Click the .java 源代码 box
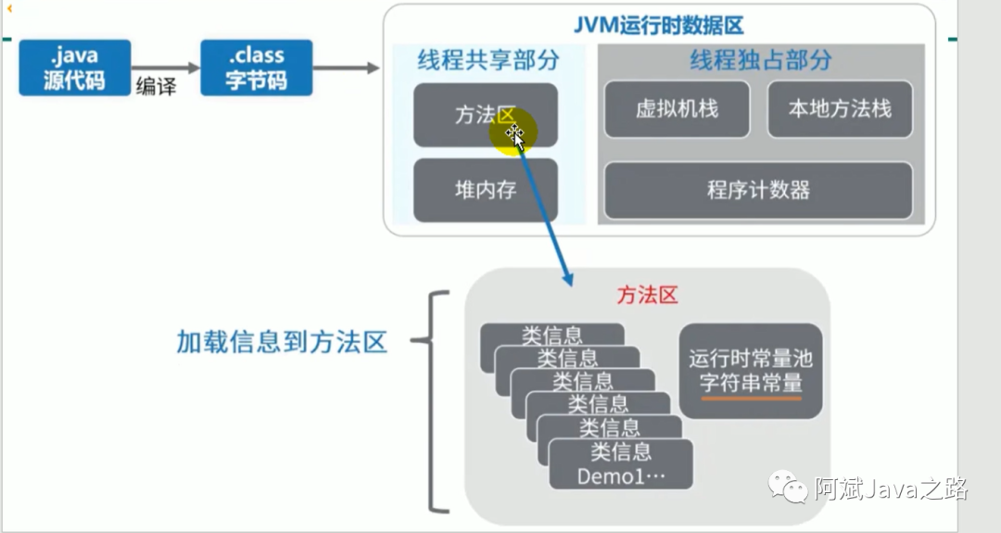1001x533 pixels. pyautogui.click(x=75, y=68)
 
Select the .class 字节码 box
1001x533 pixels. pyautogui.click(x=257, y=68)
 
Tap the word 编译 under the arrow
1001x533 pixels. pyautogui.click(x=156, y=88)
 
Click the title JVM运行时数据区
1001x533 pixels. pyautogui.click(x=660, y=26)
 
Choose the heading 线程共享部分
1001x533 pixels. pyautogui.click(x=488, y=61)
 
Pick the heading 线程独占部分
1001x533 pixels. pyautogui.click(x=760, y=61)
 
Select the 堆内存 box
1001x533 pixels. pyautogui.click(x=485, y=190)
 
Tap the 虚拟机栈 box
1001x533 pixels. pyautogui.click(x=677, y=109)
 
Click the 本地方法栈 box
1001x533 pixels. pyautogui.click(x=840, y=109)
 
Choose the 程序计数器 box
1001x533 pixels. pyautogui.click(x=758, y=190)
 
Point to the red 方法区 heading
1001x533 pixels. pyautogui.click(x=648, y=296)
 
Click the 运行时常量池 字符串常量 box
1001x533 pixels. pyautogui.click(x=751, y=369)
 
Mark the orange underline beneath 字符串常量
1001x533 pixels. pyautogui.click(x=751, y=398)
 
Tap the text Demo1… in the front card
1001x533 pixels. pyautogui.click(x=621, y=476)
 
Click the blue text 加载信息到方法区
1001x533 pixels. pyautogui.click(x=282, y=342)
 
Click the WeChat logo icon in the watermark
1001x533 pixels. pyautogui.click(x=782, y=488)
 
